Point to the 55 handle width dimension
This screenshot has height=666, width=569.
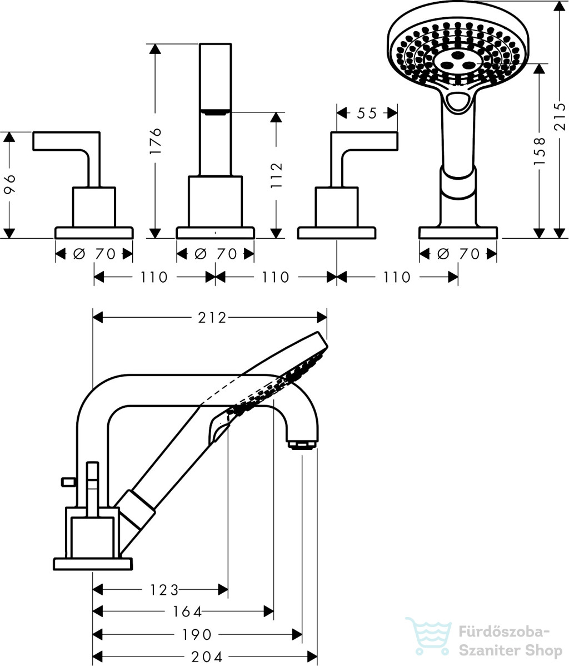tap(367, 113)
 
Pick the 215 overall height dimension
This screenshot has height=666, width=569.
tap(560, 116)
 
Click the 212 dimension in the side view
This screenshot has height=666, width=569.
tap(212, 318)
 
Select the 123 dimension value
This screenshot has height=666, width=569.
tap(164, 589)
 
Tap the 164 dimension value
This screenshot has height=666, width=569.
tap(187, 612)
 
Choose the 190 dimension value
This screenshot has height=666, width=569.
tap(196, 634)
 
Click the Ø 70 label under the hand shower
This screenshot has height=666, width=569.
tap(458, 254)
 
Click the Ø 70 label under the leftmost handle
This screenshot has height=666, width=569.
tap(94, 254)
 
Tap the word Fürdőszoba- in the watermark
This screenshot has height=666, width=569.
tap(503, 632)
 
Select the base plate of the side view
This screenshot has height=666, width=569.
tap(93, 564)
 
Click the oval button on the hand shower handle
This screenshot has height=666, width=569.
tap(459, 101)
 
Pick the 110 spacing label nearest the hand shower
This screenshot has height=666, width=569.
tap(397, 277)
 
